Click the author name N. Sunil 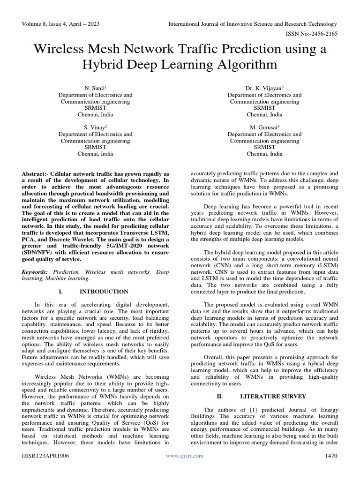pos(95,88)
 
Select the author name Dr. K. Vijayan pos(264,88)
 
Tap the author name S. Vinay pos(95,127)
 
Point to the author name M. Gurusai pos(264,127)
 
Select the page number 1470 pos(331,456)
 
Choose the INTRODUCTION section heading pos(104,292)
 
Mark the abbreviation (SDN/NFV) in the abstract pos(38,253)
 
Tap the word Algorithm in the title pos(237,64)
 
